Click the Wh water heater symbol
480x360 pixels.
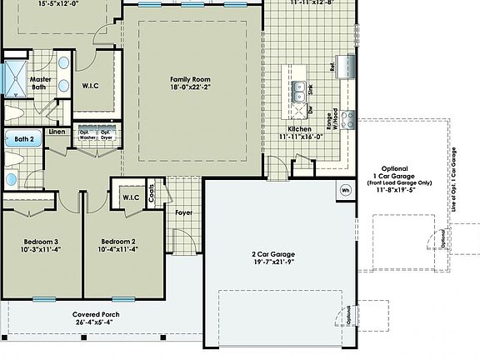(346, 190)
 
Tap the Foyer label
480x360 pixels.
(183, 212)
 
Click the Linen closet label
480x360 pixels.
(57, 132)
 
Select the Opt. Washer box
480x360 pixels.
(84, 134)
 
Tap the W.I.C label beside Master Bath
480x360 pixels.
(92, 84)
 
